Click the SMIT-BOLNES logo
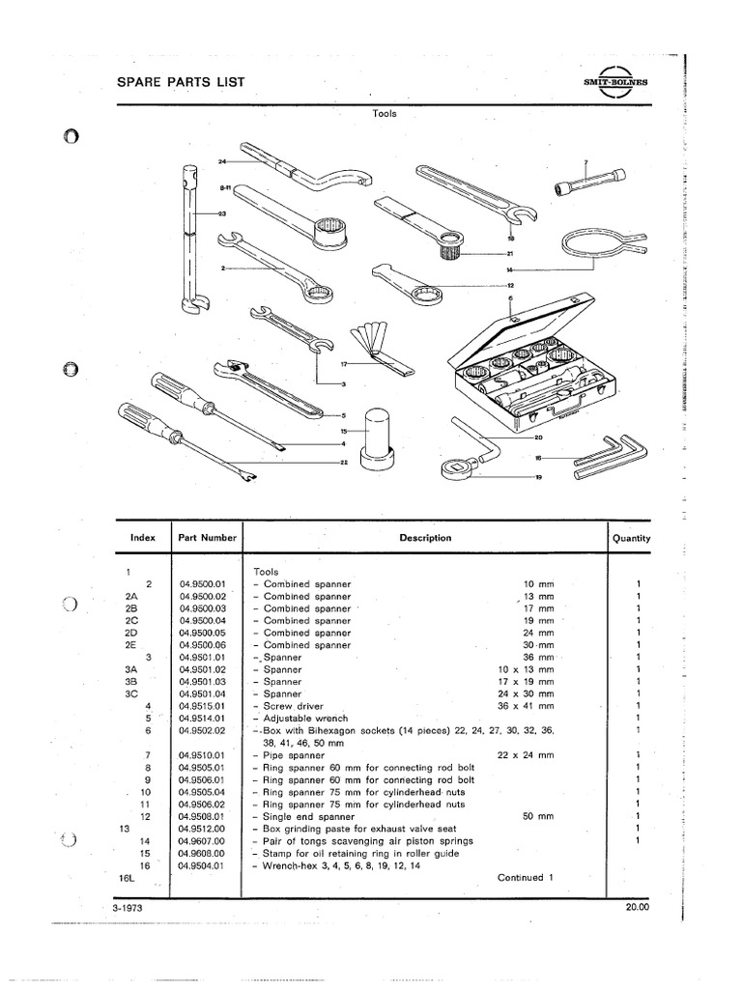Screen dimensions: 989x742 point(617,84)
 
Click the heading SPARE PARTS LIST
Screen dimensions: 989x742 point(180,83)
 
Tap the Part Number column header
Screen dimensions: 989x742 point(206,538)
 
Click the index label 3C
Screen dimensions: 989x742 point(132,693)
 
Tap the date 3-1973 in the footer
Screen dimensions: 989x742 point(129,908)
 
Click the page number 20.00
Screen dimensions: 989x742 point(638,908)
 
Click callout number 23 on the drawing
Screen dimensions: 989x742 point(221,214)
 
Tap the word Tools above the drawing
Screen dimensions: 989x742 point(385,113)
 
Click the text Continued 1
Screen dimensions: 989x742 point(524,878)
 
